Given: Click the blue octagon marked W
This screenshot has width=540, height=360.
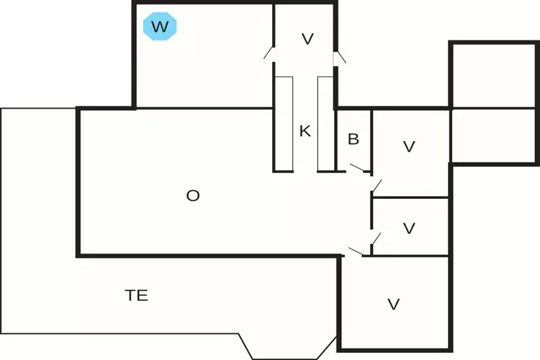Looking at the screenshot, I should [x=161, y=27].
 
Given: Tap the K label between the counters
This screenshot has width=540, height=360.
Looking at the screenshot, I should [x=305, y=131].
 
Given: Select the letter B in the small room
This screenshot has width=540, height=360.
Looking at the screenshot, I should [x=354, y=140].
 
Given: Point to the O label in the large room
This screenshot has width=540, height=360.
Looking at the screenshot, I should [x=192, y=195].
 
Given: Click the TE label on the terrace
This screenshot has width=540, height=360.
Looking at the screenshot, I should [x=136, y=295].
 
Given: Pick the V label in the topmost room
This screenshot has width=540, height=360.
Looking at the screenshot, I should [x=307, y=39].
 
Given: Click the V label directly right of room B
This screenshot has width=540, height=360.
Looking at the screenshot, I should [x=410, y=147].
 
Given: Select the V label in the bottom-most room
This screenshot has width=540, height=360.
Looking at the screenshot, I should [x=394, y=305].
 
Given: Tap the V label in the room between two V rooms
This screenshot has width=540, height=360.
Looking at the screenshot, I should [x=410, y=228].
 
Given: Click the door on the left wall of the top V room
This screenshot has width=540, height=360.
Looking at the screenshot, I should [x=269, y=52].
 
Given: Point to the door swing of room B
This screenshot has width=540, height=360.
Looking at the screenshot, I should [x=358, y=168].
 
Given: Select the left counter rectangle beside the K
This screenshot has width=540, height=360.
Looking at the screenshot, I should [x=283, y=123].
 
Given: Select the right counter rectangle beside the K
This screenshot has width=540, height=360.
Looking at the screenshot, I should [x=326, y=123].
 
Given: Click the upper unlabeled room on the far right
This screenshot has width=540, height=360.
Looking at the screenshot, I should [x=493, y=75].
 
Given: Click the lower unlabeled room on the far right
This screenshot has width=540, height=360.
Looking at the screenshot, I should [x=493, y=135].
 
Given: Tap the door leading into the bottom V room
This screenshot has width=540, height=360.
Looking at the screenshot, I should [x=355, y=251].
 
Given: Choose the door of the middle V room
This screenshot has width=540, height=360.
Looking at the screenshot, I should [x=376, y=238].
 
